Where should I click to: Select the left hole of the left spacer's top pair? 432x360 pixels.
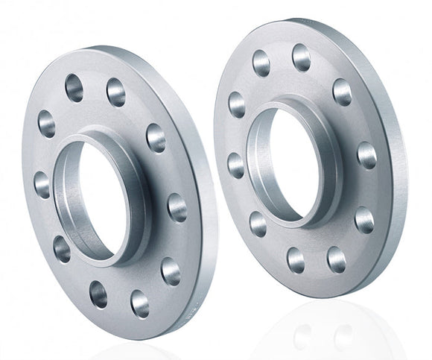[x=74, y=88]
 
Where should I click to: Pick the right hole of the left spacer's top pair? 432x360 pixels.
[x=115, y=92]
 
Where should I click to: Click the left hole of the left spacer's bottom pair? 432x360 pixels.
[x=98, y=293]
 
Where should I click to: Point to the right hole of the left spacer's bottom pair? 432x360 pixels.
[x=139, y=303]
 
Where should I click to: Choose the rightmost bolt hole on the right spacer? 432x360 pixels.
[x=366, y=155]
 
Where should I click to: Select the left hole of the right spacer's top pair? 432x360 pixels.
[x=261, y=64]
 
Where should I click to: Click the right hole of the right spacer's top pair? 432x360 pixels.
[x=301, y=57]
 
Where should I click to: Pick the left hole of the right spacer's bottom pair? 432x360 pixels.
[x=296, y=259]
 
